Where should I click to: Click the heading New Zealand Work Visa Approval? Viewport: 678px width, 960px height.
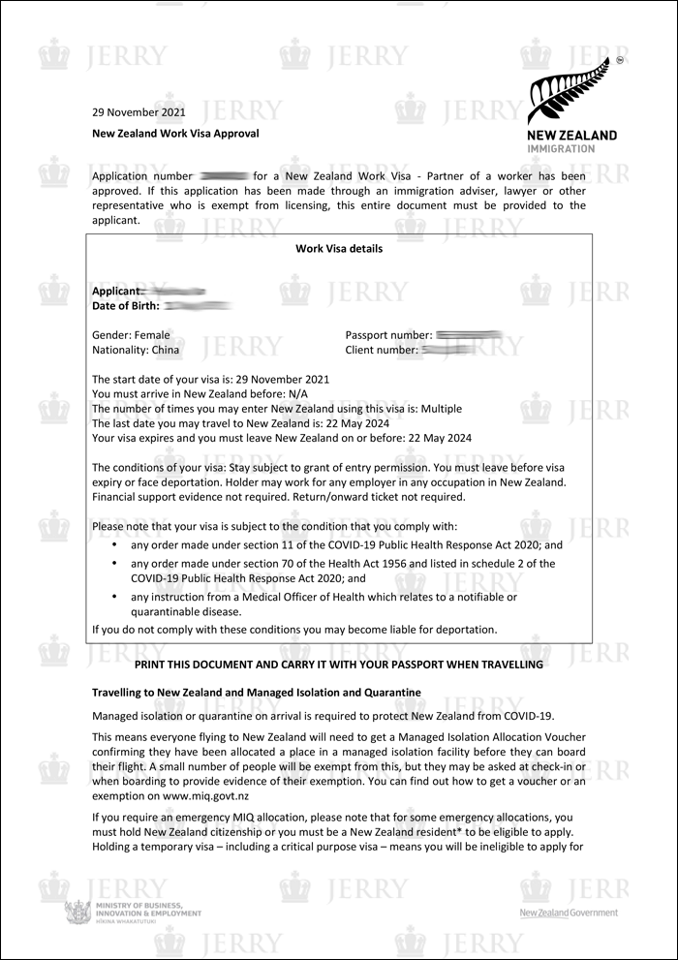(x=175, y=134)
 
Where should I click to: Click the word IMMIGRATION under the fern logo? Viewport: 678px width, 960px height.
(x=562, y=149)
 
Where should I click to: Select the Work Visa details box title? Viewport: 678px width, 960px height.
(x=339, y=249)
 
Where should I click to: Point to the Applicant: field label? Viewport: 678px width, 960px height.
(x=116, y=291)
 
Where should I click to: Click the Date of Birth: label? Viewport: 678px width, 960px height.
(x=126, y=306)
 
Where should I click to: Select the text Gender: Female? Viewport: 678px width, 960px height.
(x=131, y=335)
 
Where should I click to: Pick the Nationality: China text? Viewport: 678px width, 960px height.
(x=135, y=350)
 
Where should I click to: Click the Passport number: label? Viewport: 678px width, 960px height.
(x=388, y=335)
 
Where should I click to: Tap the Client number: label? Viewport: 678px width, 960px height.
(x=382, y=350)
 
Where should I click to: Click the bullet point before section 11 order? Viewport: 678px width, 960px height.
(x=115, y=545)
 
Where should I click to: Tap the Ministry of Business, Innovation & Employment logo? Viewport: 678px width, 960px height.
(x=133, y=912)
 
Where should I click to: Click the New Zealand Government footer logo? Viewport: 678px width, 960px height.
(x=568, y=913)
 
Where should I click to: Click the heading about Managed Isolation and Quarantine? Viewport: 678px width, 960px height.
(x=256, y=694)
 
